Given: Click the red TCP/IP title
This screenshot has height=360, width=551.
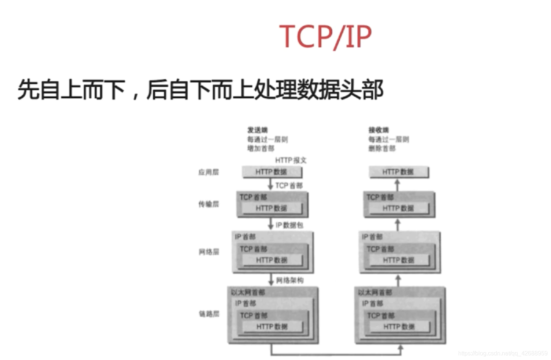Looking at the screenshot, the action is pyautogui.click(x=325, y=36).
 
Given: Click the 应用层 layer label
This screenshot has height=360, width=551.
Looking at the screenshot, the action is pyautogui.click(x=208, y=172).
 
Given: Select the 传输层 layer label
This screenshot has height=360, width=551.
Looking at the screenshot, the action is pyautogui.click(x=208, y=204).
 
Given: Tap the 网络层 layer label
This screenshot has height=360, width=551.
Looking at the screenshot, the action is pyautogui.click(x=209, y=252).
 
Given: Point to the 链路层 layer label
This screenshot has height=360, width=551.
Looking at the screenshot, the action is pyautogui.click(x=209, y=314).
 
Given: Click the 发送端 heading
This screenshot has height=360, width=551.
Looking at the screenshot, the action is pyautogui.click(x=257, y=130).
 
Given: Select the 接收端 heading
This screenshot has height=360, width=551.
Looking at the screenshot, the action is pyautogui.click(x=379, y=130).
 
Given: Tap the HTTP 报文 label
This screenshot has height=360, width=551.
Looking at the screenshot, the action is pyautogui.click(x=291, y=160).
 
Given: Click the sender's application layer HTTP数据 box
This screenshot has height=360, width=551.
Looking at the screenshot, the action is pyautogui.click(x=272, y=172).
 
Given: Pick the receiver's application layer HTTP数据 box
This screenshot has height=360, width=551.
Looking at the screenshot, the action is pyautogui.click(x=398, y=172).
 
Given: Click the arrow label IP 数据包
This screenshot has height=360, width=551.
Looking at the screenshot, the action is pyautogui.click(x=289, y=225).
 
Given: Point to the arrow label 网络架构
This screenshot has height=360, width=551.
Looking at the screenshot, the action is pyautogui.click(x=289, y=280).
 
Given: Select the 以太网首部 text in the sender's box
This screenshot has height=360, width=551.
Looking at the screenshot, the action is pyautogui.click(x=248, y=292).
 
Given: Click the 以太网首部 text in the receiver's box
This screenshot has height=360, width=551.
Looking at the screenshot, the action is pyautogui.click(x=375, y=292).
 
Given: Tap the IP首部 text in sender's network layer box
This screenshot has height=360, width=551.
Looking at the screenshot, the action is pyautogui.click(x=245, y=237).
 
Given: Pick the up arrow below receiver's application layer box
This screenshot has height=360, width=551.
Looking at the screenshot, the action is pyautogui.click(x=397, y=185).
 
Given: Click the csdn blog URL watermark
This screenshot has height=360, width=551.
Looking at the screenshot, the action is pyautogui.click(x=503, y=353).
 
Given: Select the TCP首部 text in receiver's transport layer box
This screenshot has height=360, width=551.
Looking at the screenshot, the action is pyautogui.click(x=380, y=197).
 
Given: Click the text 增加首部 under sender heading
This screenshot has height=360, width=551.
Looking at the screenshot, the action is pyautogui.click(x=260, y=148).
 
